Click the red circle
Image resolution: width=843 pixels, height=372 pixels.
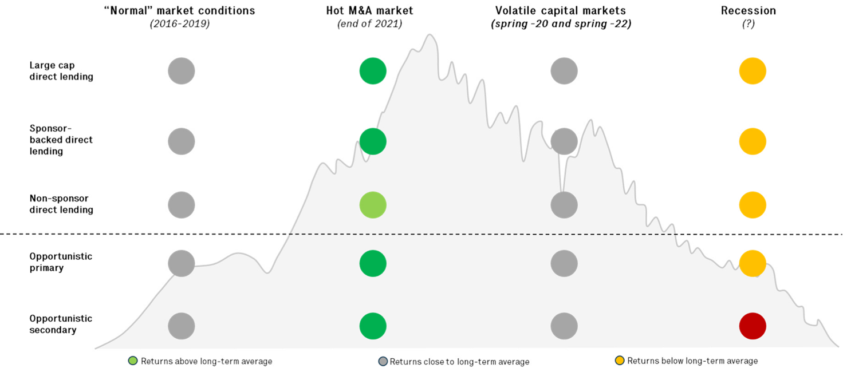[x=753, y=326]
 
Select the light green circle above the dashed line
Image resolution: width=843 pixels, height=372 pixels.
[x=373, y=205]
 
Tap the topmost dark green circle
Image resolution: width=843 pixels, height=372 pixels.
[x=373, y=71]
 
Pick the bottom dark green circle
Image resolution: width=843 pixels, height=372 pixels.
[x=373, y=326]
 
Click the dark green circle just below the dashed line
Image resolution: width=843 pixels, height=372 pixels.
[x=373, y=263]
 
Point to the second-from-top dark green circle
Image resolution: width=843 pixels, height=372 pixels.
[x=373, y=141]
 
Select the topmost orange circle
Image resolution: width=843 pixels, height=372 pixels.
[x=753, y=71]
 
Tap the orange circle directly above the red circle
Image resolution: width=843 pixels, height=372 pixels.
[x=753, y=263]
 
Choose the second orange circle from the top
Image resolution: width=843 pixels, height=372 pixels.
[x=753, y=141]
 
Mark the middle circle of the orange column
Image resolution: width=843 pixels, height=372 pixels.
[x=753, y=205]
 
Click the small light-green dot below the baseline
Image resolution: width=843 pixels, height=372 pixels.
[x=133, y=361]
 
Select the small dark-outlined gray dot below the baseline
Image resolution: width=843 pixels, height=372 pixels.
[x=383, y=361]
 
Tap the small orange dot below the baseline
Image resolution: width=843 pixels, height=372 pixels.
[x=619, y=361]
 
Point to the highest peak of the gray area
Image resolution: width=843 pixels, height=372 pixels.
[x=430, y=35]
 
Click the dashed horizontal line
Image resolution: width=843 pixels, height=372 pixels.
[x=481, y=234]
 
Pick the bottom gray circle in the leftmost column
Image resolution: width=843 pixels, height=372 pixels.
[x=182, y=326]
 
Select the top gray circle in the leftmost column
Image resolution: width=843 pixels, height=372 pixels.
[x=182, y=71]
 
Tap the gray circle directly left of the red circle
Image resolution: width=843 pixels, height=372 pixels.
[x=564, y=326]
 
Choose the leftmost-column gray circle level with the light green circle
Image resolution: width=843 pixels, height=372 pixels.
[x=182, y=205]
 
